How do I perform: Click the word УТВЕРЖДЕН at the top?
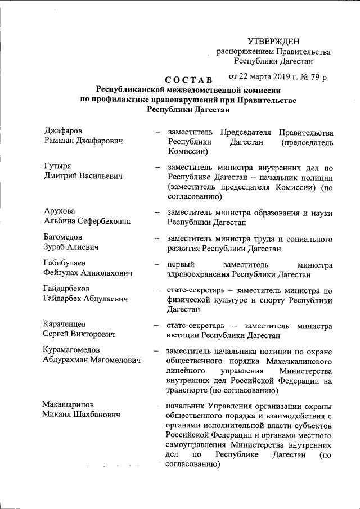(x=274, y=41)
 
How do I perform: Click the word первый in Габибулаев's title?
(x=181, y=264)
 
